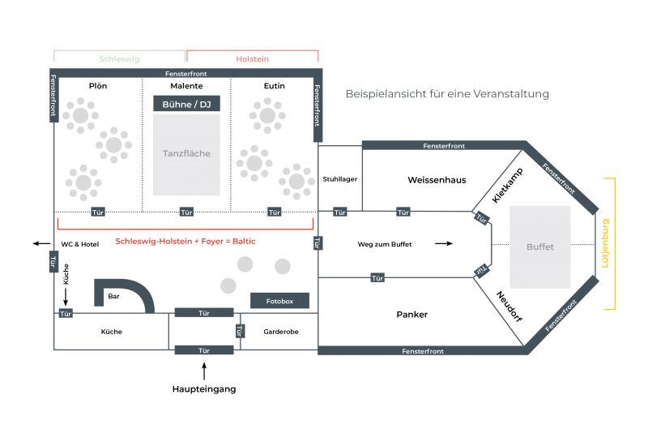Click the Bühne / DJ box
pyautogui.click(x=186, y=104)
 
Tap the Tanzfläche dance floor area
pyautogui.click(x=186, y=154)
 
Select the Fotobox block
pyautogui.click(x=279, y=301)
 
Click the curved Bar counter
pyautogui.click(x=130, y=294)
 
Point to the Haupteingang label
pyautogui.click(x=204, y=389)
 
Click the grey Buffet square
pyautogui.click(x=540, y=247)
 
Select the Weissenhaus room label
pyautogui.click(x=437, y=180)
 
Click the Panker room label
pyautogui.click(x=411, y=315)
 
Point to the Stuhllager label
pyautogui.click(x=340, y=179)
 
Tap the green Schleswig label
pyautogui.click(x=119, y=59)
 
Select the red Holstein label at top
pyautogui.click(x=252, y=59)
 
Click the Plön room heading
pyautogui.click(x=97, y=86)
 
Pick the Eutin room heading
pyautogui.click(x=274, y=86)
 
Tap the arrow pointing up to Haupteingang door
pyautogui.click(x=204, y=371)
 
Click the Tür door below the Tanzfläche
pyautogui.click(x=186, y=212)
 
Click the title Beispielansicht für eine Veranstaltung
pyautogui.click(x=447, y=94)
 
